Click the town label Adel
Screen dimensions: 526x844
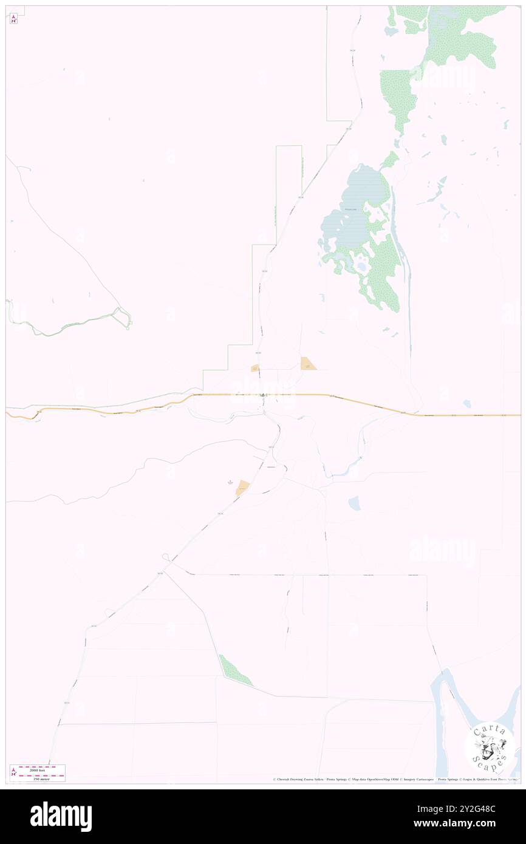click(263, 395)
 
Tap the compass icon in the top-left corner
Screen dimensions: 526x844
click(13, 18)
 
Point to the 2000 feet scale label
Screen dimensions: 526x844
click(41, 769)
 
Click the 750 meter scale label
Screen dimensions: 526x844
click(41, 778)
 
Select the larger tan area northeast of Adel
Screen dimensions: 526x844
click(309, 364)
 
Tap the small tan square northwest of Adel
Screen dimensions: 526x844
click(256, 368)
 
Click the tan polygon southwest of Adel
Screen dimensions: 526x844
click(243, 487)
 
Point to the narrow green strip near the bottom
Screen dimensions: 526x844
click(235, 670)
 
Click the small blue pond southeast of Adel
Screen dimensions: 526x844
click(354, 503)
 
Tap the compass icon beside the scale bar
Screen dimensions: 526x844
click(13, 774)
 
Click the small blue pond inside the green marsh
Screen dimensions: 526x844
click(362, 266)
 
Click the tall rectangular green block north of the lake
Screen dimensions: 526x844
click(395, 100)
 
